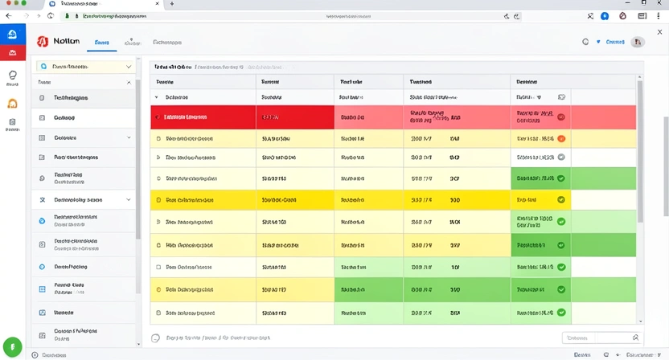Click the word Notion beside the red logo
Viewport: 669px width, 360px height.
[66, 42]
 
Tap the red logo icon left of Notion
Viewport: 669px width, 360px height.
[43, 42]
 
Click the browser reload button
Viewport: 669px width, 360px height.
[51, 15]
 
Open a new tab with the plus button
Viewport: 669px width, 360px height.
[171, 4]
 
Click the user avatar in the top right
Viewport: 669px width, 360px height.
[638, 42]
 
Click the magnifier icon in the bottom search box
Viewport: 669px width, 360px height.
[635, 338]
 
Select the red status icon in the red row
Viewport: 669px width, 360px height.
[561, 117]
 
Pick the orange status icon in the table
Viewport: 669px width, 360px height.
[561, 138]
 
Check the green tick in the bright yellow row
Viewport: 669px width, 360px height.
[561, 199]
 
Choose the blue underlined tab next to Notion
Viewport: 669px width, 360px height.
[102, 43]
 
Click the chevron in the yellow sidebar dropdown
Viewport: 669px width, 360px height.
[129, 67]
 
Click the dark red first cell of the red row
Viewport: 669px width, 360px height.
[203, 117]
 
